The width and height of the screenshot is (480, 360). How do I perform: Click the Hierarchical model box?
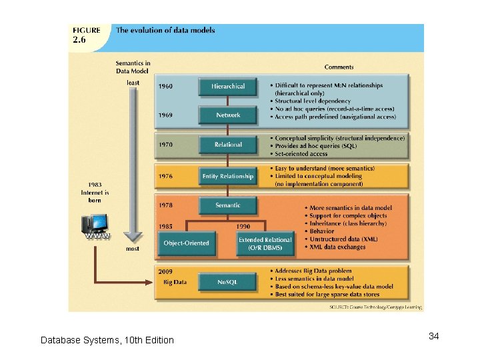227,87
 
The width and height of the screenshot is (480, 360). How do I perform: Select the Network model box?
227,115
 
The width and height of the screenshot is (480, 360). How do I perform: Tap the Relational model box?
227,145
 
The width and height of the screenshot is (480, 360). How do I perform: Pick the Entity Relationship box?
227,177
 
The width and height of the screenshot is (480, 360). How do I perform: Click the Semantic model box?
227,206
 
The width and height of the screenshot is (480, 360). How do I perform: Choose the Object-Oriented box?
186,243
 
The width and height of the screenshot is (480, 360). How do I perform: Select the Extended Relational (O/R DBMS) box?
265,243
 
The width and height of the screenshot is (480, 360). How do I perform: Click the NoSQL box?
227,283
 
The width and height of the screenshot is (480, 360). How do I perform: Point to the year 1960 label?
165,87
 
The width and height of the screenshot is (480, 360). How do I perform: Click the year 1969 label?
165,115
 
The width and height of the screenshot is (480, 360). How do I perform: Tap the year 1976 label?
165,177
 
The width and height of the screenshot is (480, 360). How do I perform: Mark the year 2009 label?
165,271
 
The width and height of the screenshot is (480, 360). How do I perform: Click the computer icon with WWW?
95,226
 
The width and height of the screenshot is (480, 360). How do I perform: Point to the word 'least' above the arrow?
133,83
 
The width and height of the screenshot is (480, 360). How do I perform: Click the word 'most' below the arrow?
133,249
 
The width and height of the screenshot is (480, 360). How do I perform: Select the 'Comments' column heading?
339,67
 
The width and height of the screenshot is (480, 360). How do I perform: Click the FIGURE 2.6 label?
87,35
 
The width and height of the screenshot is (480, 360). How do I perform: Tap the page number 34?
433,336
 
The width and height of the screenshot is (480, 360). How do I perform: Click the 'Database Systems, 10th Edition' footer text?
107,340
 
